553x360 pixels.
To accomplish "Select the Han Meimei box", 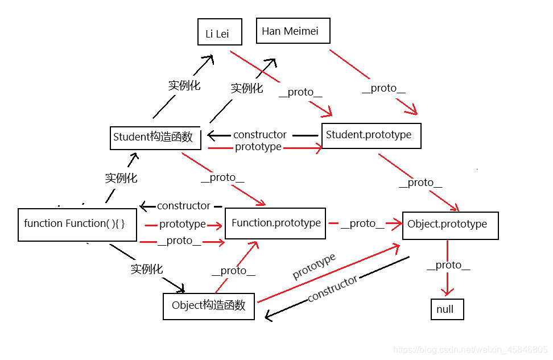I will (x=293, y=31).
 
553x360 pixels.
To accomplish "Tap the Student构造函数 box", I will (x=155, y=138).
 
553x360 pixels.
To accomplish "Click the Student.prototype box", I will (x=371, y=135).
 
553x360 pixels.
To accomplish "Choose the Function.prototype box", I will (x=276, y=223).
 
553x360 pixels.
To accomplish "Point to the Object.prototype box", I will (x=449, y=225).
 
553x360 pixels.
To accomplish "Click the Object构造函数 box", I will (x=209, y=306).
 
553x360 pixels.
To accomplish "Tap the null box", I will (x=447, y=309).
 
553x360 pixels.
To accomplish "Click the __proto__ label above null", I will (x=448, y=265).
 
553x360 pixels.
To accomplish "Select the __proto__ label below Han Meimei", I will (x=383, y=88).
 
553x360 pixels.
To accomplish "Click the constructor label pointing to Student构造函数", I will (x=260, y=135).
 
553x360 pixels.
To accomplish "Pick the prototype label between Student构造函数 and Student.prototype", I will (x=258, y=147).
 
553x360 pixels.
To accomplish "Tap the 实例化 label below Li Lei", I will (x=184, y=86).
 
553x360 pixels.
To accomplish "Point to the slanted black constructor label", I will (x=332, y=289).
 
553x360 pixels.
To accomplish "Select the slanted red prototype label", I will (x=314, y=267).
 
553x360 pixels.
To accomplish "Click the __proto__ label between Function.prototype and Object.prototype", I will (x=362, y=224).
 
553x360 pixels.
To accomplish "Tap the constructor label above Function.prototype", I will (x=184, y=206).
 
